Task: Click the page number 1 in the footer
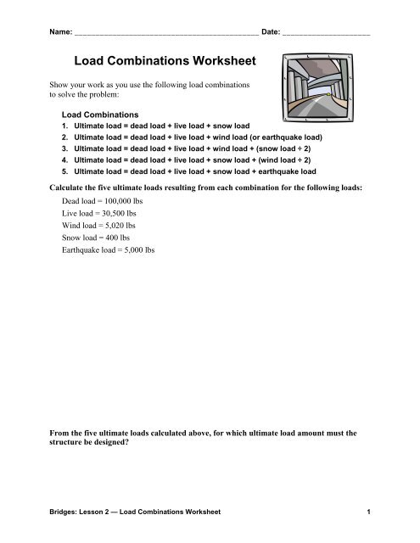tap(372, 512)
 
